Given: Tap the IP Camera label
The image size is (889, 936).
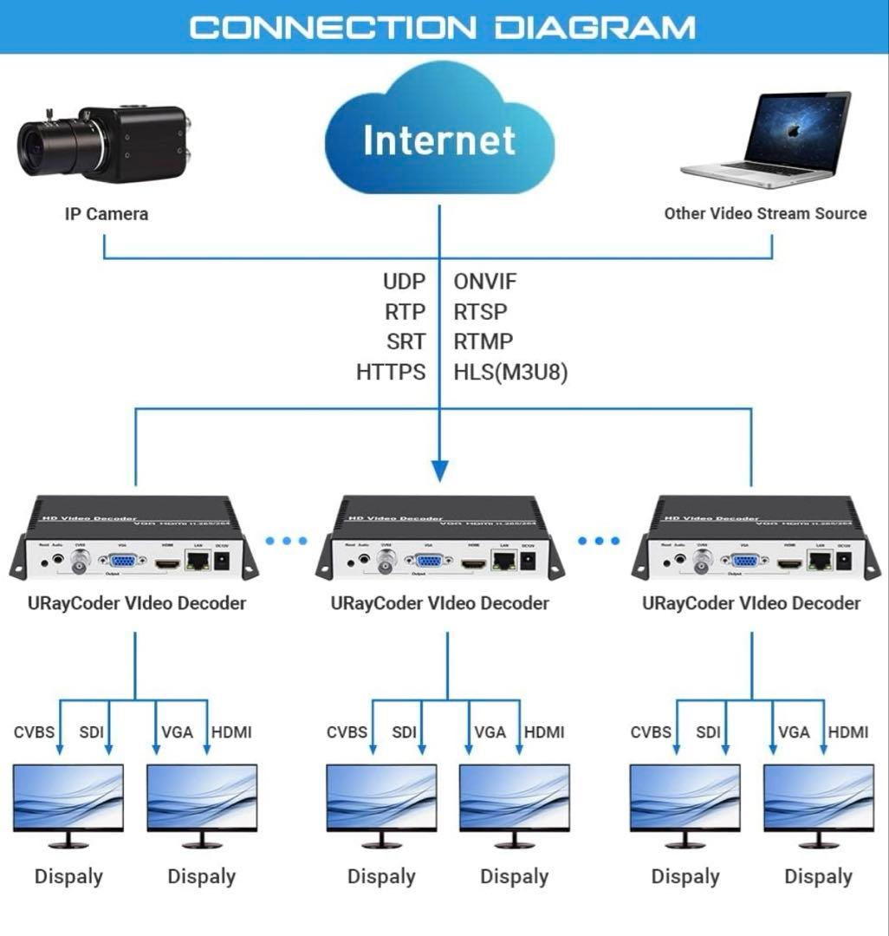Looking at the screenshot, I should (106, 214).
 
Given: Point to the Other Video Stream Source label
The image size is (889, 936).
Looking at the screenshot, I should (765, 213).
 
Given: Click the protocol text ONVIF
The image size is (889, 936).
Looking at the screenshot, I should (485, 282).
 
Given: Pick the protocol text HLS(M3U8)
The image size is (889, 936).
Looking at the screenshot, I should (511, 373).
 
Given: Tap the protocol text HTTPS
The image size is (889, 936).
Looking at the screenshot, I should (391, 373).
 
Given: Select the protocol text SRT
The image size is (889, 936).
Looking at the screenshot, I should (406, 341).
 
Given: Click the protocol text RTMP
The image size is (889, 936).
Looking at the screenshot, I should (483, 341).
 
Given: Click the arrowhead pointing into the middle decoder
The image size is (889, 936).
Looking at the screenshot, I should (439, 471).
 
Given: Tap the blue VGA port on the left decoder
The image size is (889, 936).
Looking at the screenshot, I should (121, 561).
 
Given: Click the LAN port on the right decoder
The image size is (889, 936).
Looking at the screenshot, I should (818, 561).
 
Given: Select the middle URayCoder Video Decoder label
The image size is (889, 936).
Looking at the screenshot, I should (439, 603).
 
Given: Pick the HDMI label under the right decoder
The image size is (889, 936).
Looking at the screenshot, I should (847, 732).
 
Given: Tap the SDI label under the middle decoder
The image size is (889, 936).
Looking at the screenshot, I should (404, 732).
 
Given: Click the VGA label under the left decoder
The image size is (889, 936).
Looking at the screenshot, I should (177, 732).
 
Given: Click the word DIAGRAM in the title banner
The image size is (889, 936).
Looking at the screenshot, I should (594, 27).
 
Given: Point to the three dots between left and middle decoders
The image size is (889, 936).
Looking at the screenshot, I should (286, 541).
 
